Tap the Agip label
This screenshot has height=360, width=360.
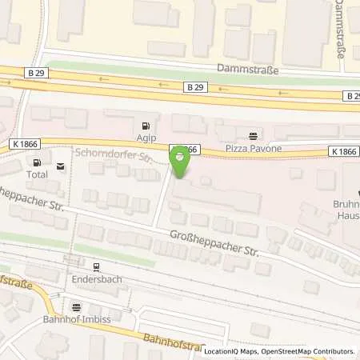(144, 137)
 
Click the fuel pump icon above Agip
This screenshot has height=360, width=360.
(144, 125)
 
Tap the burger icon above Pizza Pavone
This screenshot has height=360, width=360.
(254, 135)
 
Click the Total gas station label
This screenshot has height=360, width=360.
(37, 173)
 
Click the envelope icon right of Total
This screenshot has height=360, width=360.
(62, 166)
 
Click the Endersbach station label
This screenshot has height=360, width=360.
(95, 281)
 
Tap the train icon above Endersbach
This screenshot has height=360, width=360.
(95, 268)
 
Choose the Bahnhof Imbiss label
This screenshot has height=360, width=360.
(77, 319)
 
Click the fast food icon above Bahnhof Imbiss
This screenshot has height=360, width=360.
(77, 306)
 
